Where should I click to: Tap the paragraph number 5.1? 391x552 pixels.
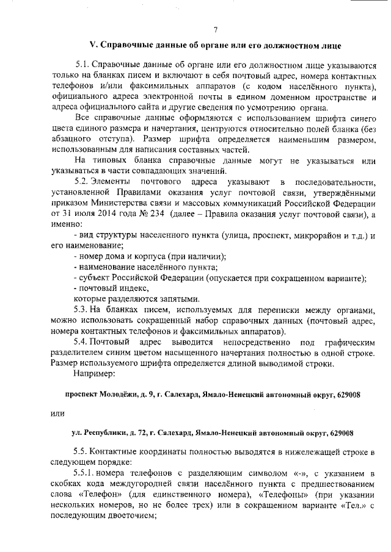(83, 64)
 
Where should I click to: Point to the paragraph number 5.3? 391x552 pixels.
(83, 310)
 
